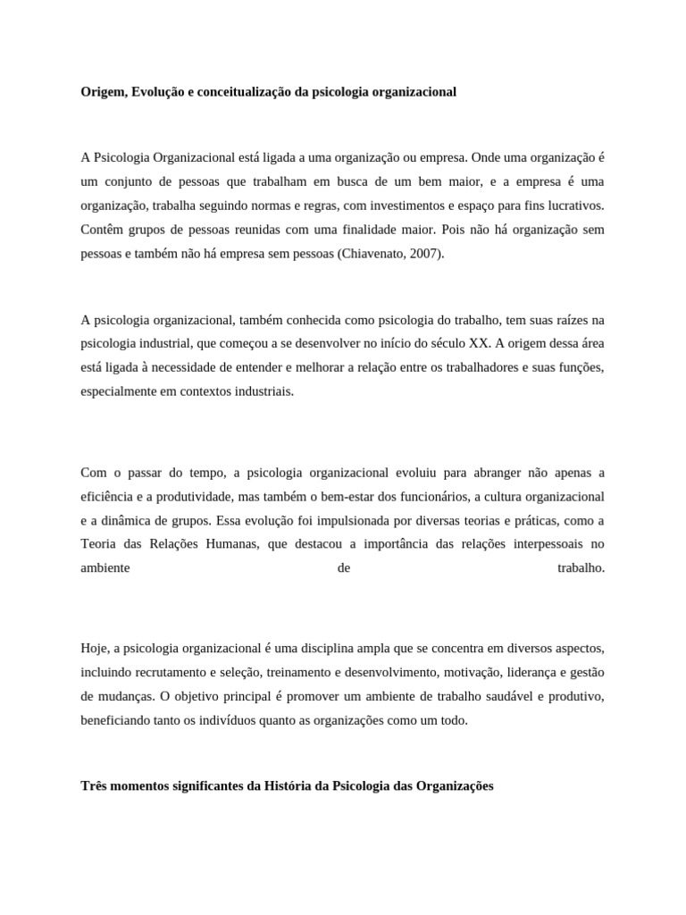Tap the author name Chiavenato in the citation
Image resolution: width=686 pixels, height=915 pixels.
371,254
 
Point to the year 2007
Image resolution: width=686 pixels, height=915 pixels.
425,254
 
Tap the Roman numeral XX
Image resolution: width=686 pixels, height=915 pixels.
480,343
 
